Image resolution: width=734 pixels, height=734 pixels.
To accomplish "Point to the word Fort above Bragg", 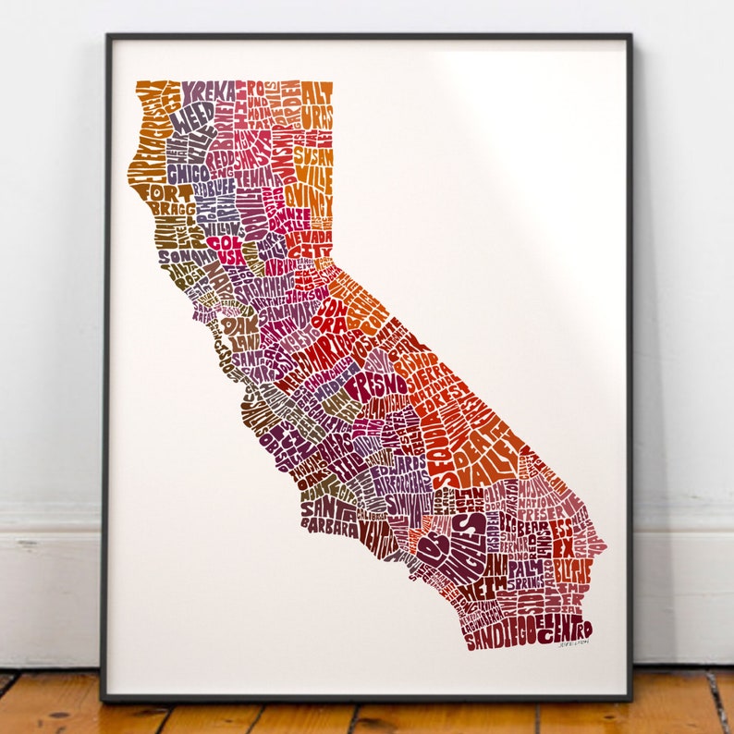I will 154,192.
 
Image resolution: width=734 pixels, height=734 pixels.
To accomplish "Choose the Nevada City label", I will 308,244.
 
